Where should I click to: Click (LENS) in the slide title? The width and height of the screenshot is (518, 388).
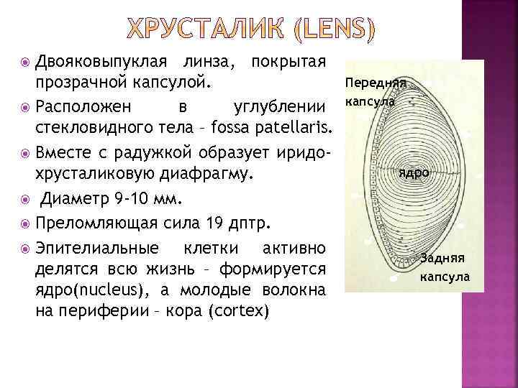tap(335, 29)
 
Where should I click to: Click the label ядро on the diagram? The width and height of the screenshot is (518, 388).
tap(414, 173)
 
